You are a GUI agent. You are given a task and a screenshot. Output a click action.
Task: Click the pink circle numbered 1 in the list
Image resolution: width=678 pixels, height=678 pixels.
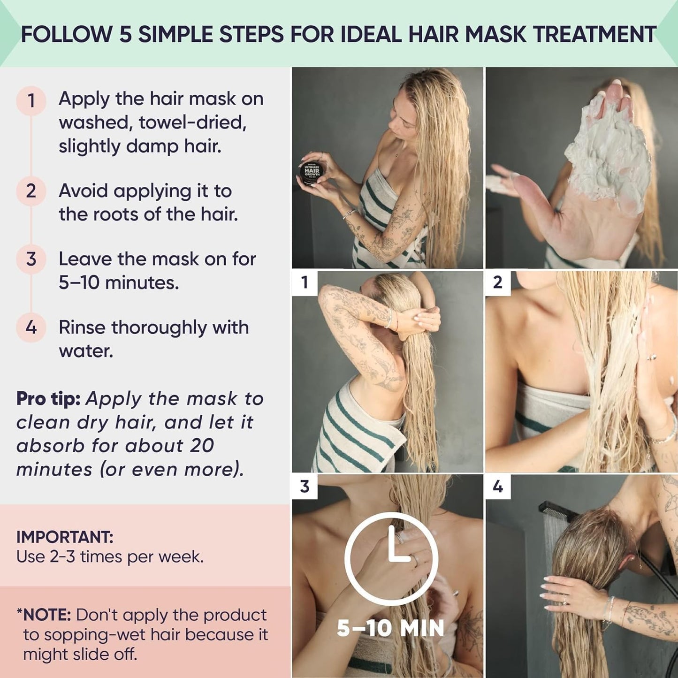click(x=31, y=100)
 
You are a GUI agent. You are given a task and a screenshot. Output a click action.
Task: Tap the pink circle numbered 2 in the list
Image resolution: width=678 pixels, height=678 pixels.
click(x=31, y=191)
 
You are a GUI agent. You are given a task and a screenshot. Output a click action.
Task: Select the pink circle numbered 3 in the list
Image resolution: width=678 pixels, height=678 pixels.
click(x=31, y=259)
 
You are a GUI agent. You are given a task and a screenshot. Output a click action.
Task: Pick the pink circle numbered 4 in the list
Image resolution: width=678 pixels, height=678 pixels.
click(x=31, y=327)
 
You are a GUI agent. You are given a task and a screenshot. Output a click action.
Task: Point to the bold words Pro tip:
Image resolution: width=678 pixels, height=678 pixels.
click(x=48, y=399)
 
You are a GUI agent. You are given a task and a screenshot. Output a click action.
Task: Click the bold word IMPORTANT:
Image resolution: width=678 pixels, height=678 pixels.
click(x=65, y=537)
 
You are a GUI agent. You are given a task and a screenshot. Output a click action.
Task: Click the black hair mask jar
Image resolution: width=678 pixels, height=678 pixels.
click(x=311, y=171)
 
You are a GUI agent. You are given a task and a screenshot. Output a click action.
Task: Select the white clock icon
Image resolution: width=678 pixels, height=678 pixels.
click(x=391, y=558)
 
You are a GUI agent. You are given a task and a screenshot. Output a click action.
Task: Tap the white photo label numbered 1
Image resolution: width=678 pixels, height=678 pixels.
click(x=305, y=282)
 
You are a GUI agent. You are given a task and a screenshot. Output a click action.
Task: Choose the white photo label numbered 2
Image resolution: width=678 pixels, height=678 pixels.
click(x=498, y=282)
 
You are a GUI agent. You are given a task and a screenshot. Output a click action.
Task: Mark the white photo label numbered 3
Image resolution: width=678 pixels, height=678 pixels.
click(x=305, y=486)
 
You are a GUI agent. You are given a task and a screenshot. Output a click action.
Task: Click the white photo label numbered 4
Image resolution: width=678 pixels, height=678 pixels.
click(x=498, y=486)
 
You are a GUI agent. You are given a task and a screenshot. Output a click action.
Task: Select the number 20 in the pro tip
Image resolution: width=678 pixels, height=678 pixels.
click(x=202, y=446)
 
